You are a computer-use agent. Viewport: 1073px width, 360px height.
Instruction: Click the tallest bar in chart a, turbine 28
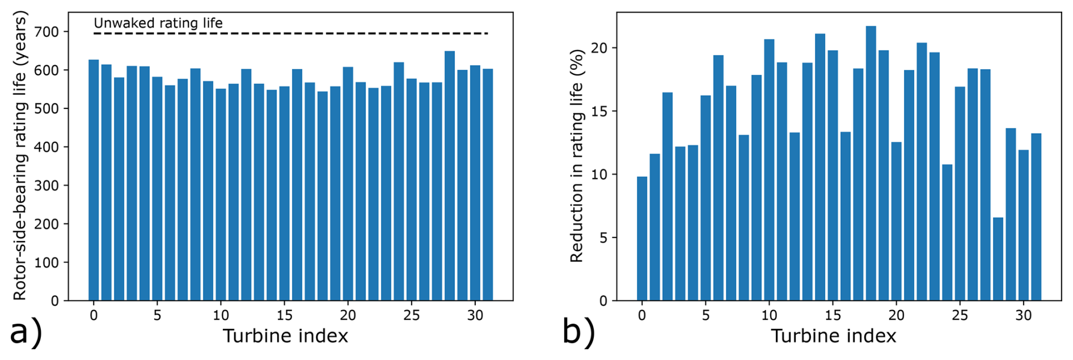click(x=449, y=176)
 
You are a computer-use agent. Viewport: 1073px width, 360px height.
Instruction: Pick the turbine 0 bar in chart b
click(x=642, y=239)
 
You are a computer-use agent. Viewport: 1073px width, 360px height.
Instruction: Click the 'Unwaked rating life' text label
click(x=158, y=23)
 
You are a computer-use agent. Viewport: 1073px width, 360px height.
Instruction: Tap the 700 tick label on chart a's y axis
click(x=47, y=32)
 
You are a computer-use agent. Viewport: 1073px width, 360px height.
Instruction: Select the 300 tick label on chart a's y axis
click(x=47, y=185)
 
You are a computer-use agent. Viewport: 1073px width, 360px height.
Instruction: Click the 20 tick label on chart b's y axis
click(x=599, y=48)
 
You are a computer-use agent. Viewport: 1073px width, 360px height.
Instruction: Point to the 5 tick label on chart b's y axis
click(x=603, y=238)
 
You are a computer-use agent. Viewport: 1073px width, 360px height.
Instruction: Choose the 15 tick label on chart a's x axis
click(x=284, y=315)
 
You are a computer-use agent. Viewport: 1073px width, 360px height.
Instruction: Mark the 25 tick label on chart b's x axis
click(x=960, y=315)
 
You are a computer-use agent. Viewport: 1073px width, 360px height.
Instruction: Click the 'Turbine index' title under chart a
click(x=285, y=336)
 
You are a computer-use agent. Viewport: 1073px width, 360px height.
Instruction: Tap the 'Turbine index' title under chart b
click(x=833, y=336)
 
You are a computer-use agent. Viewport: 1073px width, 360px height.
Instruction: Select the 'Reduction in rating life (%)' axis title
click(x=576, y=156)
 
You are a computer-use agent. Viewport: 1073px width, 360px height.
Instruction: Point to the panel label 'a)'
click(x=26, y=333)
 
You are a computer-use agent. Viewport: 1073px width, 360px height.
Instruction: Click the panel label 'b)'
click(x=578, y=333)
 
